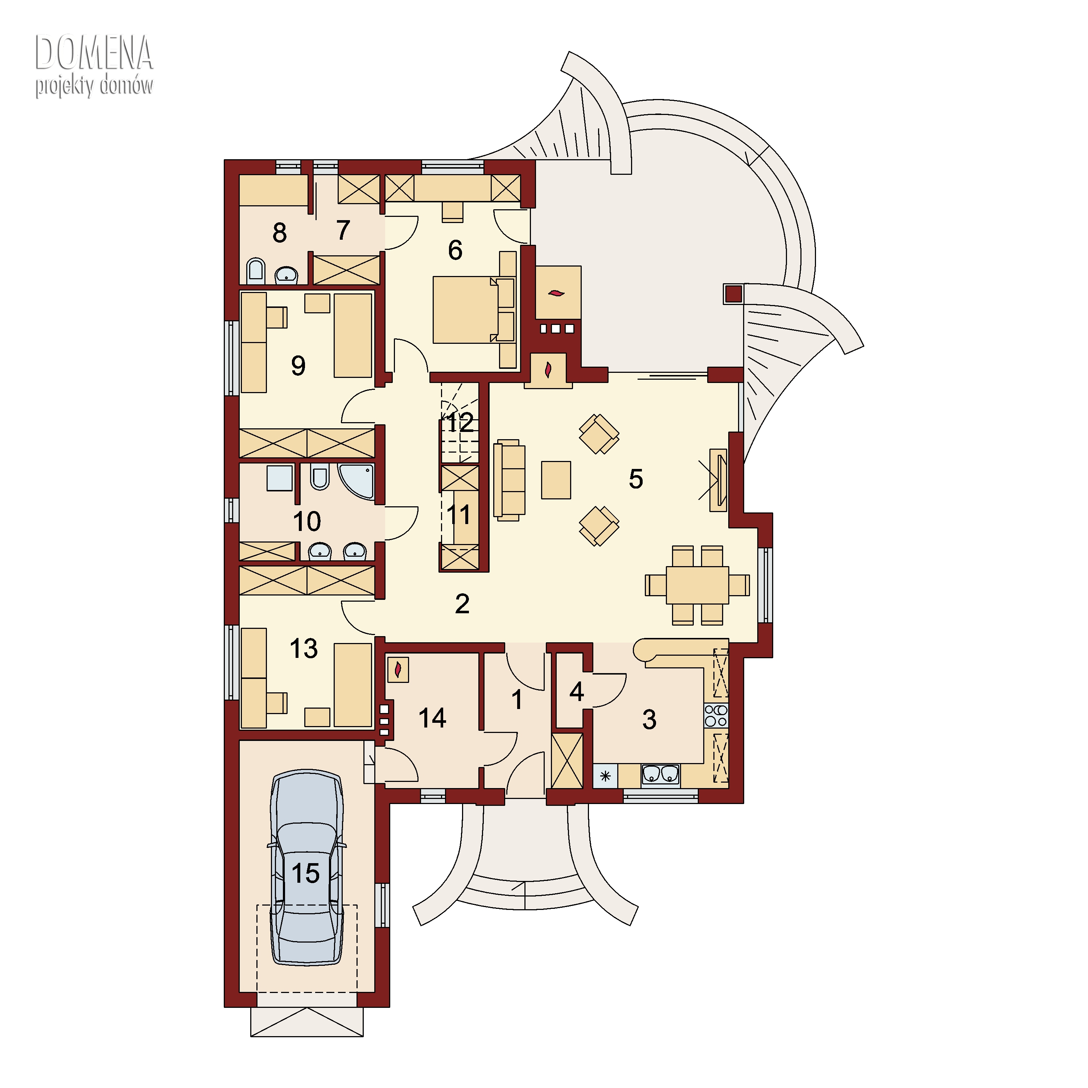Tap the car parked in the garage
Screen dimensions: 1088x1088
[307, 868]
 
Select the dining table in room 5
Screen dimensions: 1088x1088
[697, 585]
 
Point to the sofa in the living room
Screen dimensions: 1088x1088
[509, 480]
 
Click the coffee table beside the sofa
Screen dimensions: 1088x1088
[556, 480]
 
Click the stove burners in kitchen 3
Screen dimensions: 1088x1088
[716, 715]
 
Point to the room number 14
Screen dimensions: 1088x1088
[432, 718]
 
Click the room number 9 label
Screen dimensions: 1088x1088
[298, 366]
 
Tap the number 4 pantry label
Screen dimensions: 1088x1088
[576, 692]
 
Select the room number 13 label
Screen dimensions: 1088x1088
[304, 648]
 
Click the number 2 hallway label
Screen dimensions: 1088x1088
[462, 604]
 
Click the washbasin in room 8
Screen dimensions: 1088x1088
[287, 275]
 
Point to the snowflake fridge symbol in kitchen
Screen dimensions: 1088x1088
[605, 776]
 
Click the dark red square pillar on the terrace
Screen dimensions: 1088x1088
[733, 293]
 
